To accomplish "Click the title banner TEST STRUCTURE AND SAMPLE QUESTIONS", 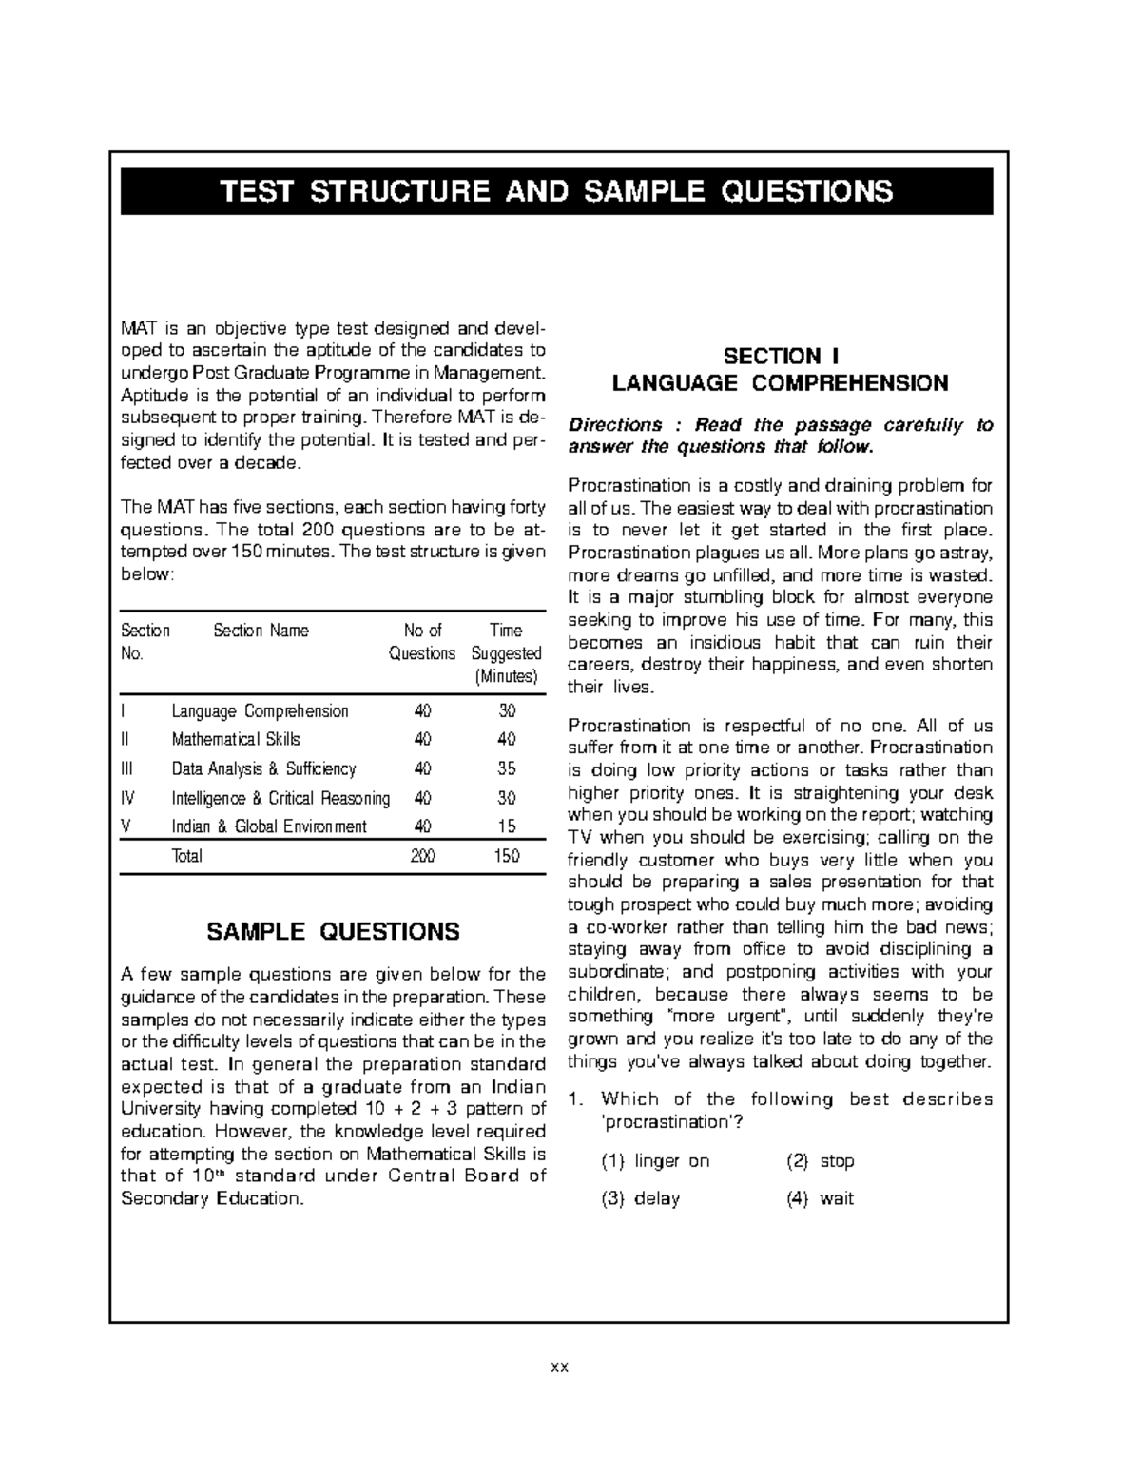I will [x=556, y=191].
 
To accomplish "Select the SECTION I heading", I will [x=781, y=357].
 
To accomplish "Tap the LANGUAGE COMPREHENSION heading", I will [x=781, y=383].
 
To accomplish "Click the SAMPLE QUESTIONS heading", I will [x=333, y=931].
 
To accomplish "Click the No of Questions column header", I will [x=422, y=642].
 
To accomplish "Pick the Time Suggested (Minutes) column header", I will [x=506, y=653].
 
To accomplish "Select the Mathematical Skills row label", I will [x=236, y=739].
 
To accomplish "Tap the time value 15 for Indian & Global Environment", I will [x=507, y=826].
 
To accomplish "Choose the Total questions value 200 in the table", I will [x=422, y=856].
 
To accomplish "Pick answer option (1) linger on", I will [x=655, y=1161].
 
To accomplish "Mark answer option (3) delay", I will [x=641, y=1198].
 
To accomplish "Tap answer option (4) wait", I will [x=821, y=1198].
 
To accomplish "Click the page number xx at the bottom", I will [x=559, y=1369].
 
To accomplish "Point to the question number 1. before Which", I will [x=574, y=1099].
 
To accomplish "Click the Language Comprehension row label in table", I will [x=260, y=711].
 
